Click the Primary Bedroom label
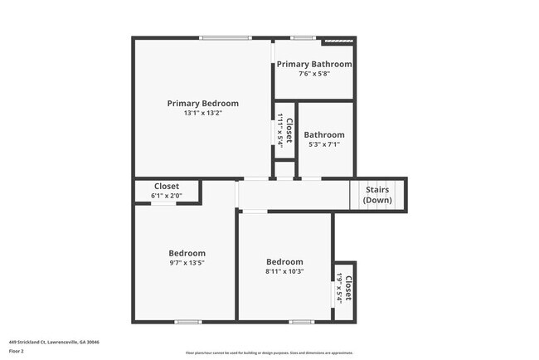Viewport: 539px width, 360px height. tap(202, 104)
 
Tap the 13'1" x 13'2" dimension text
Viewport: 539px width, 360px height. tap(202, 113)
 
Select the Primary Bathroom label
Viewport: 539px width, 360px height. tap(314, 64)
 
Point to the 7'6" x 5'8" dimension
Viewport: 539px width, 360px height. tap(314, 73)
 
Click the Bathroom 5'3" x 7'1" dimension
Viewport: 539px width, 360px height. tap(323, 144)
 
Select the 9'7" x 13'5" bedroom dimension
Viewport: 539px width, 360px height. tap(187, 263)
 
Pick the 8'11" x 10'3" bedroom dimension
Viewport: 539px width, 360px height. tap(284, 271)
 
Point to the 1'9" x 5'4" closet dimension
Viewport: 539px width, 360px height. tap(339, 289)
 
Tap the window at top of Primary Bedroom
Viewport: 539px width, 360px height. tap(226, 37)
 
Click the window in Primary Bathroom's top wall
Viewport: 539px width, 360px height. tap(302, 37)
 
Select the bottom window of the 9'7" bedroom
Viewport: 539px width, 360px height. tap(188, 322)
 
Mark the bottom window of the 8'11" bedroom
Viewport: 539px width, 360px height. tap(301, 322)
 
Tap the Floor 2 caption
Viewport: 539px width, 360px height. tap(17, 351)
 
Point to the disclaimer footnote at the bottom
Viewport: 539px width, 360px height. tap(269, 353)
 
